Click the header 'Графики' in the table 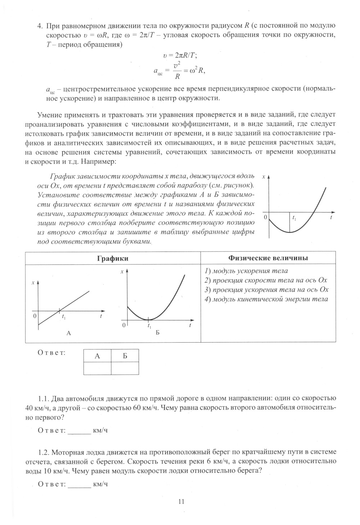113,258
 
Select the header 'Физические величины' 268,258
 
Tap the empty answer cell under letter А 97,368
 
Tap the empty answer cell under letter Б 125,368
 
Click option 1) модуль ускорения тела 246,271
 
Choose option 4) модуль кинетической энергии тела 266,299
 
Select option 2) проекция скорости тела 266,280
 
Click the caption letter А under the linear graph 69,333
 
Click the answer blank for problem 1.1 80,430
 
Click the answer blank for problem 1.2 80,484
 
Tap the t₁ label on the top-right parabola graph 294,218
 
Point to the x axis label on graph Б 122,272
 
